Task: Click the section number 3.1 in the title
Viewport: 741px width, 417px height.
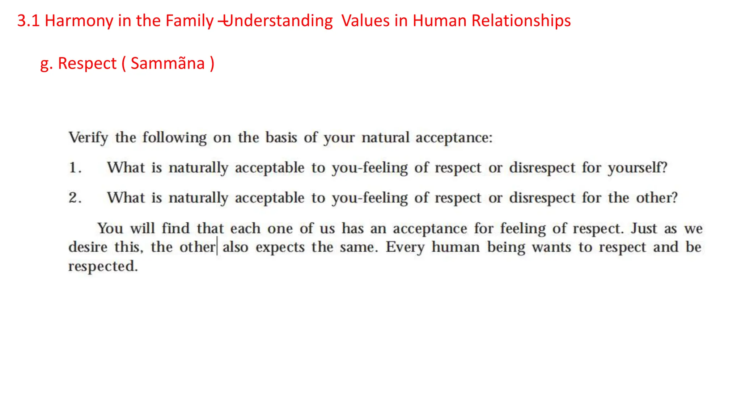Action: click(28, 21)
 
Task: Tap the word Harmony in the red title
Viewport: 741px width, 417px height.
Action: click(79, 21)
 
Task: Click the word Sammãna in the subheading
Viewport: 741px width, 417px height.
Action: click(168, 63)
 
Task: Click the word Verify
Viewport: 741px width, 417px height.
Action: click(89, 138)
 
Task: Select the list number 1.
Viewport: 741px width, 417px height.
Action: click(75, 168)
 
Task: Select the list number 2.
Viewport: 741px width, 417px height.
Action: click(75, 198)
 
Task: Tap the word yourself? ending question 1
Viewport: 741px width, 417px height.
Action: click(638, 168)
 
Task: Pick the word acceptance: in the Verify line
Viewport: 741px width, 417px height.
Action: click(454, 138)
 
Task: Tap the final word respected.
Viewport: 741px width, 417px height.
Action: click(103, 266)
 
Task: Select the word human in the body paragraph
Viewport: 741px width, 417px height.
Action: click(456, 248)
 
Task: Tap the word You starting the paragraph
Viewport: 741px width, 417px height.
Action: click(110, 229)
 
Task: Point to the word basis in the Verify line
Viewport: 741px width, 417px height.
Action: click(281, 138)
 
